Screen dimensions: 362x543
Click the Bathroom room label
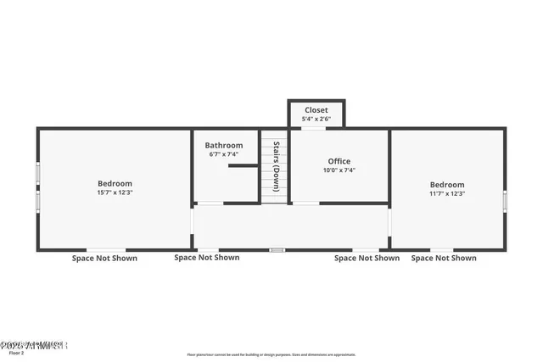pyautogui.click(x=224, y=145)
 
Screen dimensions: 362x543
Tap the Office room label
pyautogui.click(x=339, y=161)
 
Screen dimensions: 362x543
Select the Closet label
pyautogui.click(x=316, y=110)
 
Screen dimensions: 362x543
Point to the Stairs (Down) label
pyautogui.click(x=276, y=166)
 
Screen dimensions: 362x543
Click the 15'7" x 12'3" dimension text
pyautogui.click(x=115, y=193)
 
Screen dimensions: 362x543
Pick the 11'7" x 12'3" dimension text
pyautogui.click(x=446, y=194)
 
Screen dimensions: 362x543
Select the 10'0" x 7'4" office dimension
pyautogui.click(x=339, y=170)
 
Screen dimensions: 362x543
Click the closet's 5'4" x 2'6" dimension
pyautogui.click(x=316, y=120)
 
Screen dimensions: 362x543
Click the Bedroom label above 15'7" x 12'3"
pyautogui.click(x=115, y=183)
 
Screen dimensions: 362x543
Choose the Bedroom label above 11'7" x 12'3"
pyautogui.click(x=446, y=185)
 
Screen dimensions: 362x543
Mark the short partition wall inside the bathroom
pyautogui.click(x=243, y=166)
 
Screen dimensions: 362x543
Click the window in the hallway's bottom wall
pyautogui.click(x=277, y=250)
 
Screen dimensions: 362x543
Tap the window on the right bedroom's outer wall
pyautogui.click(x=506, y=201)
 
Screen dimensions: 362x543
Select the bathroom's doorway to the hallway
pyautogui.click(x=210, y=203)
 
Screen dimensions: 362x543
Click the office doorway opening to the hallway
pyautogui.click(x=306, y=203)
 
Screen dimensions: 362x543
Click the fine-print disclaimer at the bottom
pyautogui.click(x=271, y=355)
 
